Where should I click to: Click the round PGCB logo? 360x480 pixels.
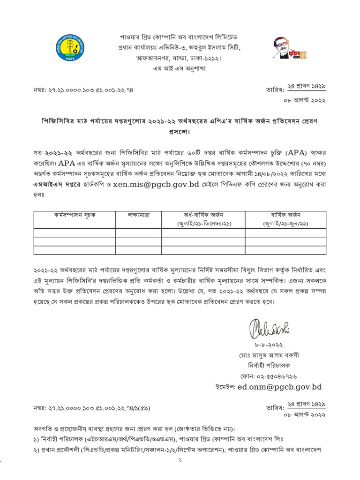tap(69, 47)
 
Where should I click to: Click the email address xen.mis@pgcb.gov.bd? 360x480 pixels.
tap(172, 184)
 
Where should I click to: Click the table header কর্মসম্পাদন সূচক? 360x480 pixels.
tap(74, 215)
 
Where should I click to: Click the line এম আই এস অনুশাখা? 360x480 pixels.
tap(180, 68)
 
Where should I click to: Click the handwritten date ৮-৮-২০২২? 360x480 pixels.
tap(269, 345)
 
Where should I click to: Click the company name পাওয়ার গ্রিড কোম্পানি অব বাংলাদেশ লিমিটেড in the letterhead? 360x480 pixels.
tap(180, 37)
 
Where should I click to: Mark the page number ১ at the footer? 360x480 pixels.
tap(180, 461)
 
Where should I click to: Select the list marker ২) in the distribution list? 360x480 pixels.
tap(37, 450)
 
